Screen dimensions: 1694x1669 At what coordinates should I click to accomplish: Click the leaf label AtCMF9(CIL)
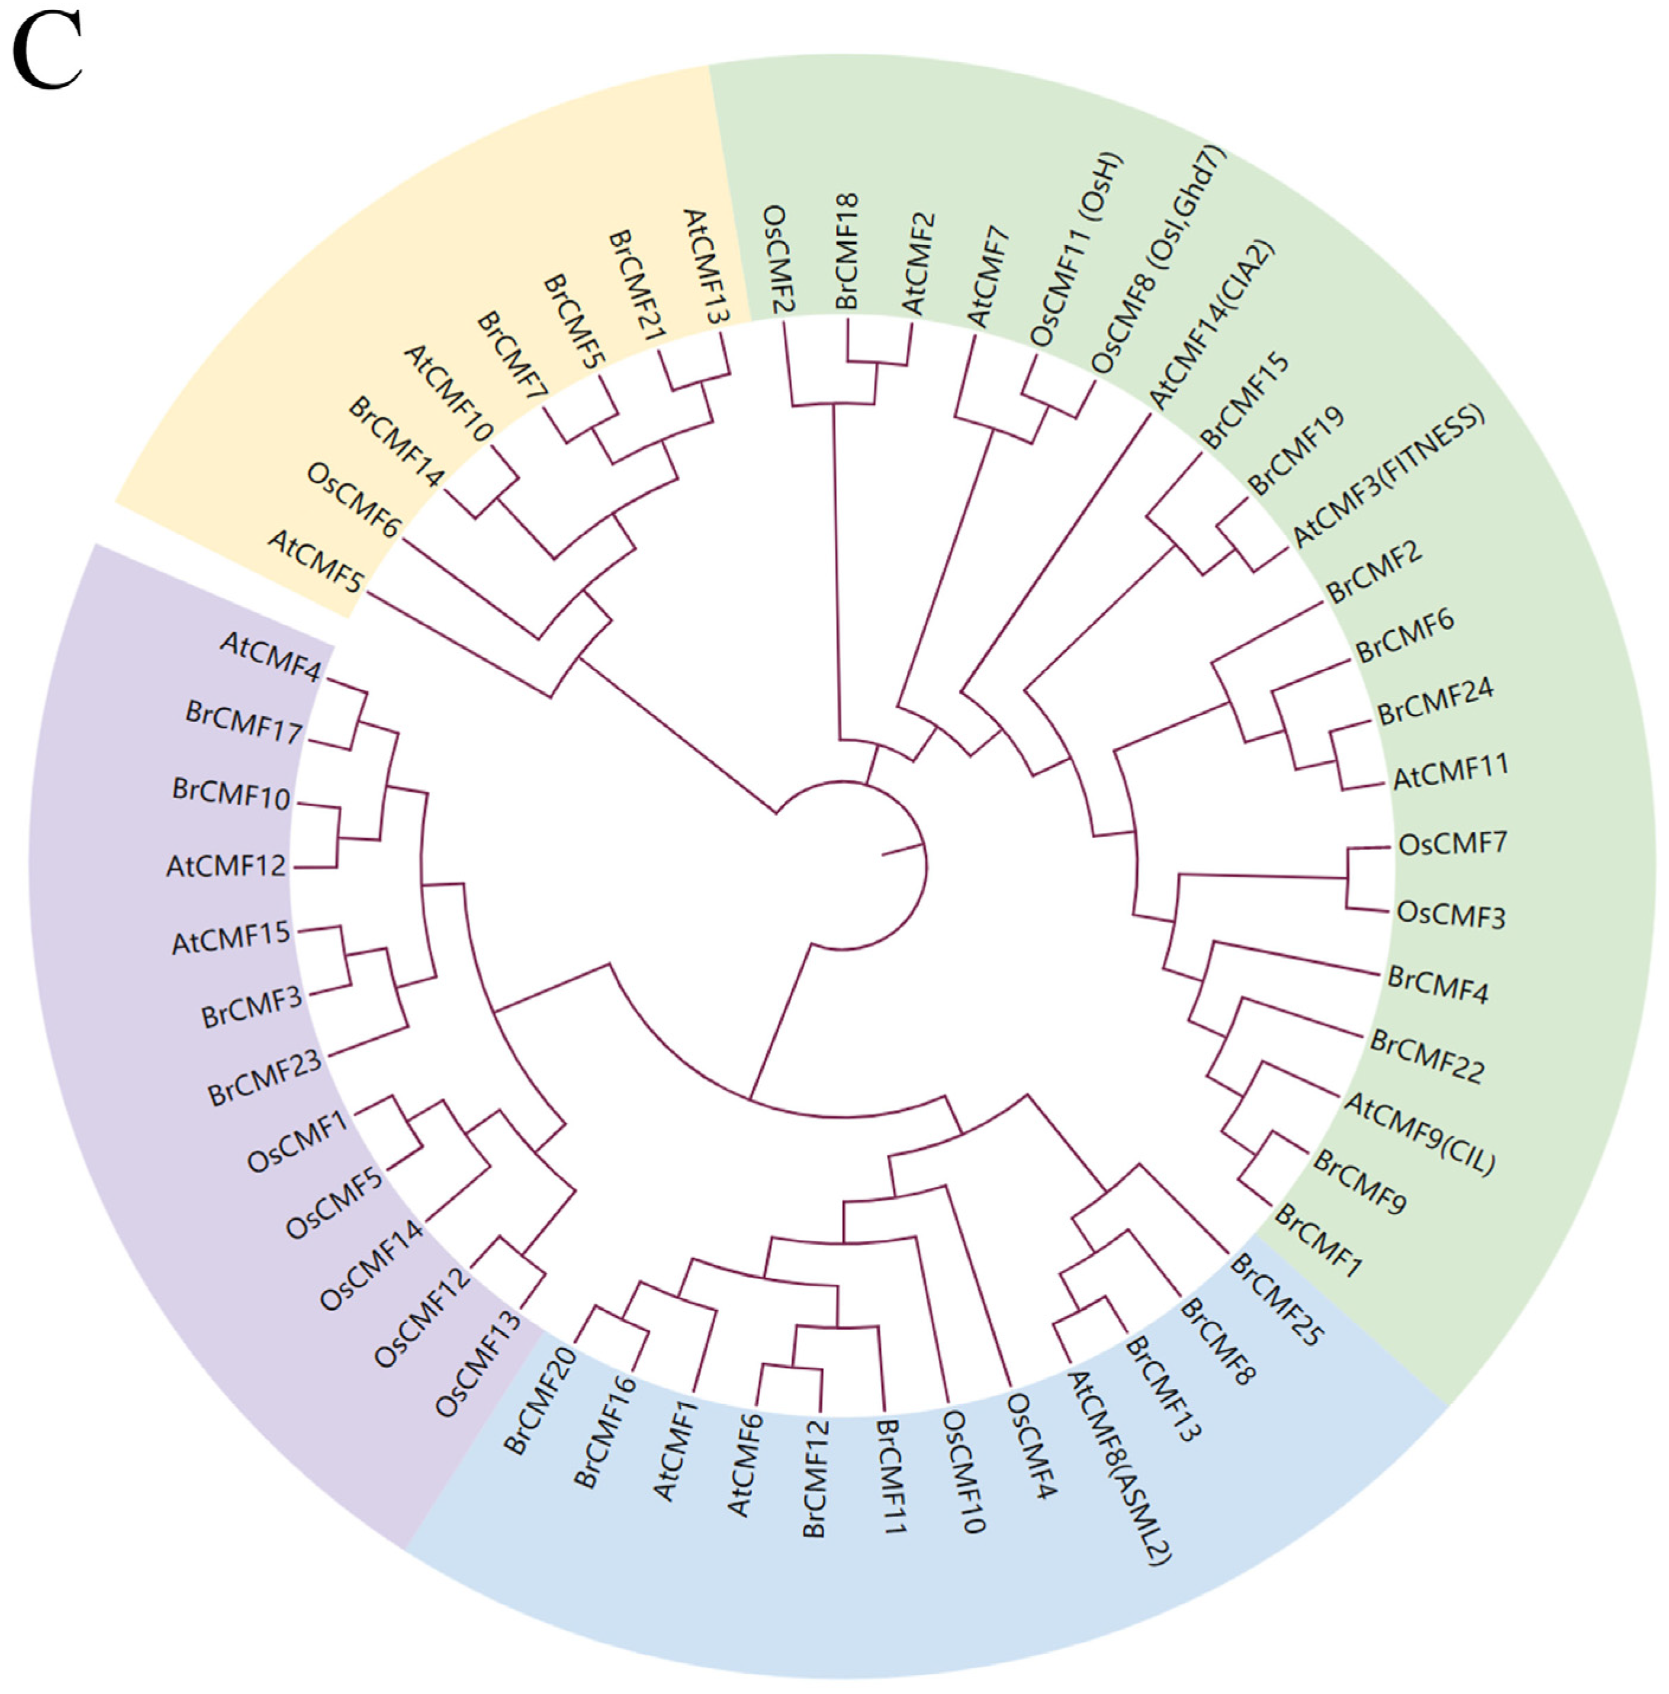pos(1419,1133)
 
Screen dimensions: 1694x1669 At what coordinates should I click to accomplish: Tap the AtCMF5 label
pos(316,562)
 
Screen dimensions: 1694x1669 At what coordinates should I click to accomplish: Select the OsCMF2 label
pos(777,259)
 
